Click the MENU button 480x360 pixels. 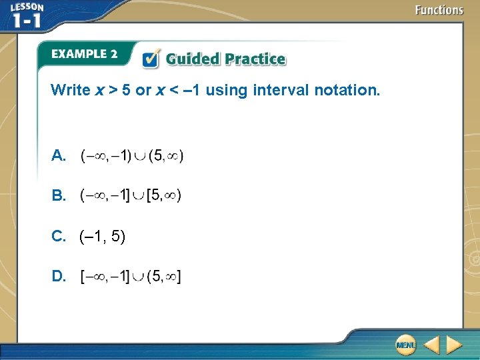tap(405, 345)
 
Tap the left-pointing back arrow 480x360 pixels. tap(431, 345)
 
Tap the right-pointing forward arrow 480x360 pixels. tap(454, 345)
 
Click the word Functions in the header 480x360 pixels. tap(439, 10)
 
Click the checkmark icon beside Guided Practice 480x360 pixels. tap(151, 59)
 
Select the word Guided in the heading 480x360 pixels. tap(193, 59)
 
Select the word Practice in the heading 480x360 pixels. tap(255, 59)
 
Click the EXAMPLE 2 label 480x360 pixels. tap(84, 54)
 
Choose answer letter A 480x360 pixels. tap(58, 157)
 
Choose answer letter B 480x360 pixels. tap(58, 196)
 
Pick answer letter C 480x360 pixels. tap(58, 236)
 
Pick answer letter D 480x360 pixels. tap(58, 276)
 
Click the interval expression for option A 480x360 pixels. tap(132, 156)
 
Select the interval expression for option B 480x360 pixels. tap(131, 196)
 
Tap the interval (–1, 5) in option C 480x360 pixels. tap(102, 236)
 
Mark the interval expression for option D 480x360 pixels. tap(131, 276)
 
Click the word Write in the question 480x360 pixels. tap(70, 90)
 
